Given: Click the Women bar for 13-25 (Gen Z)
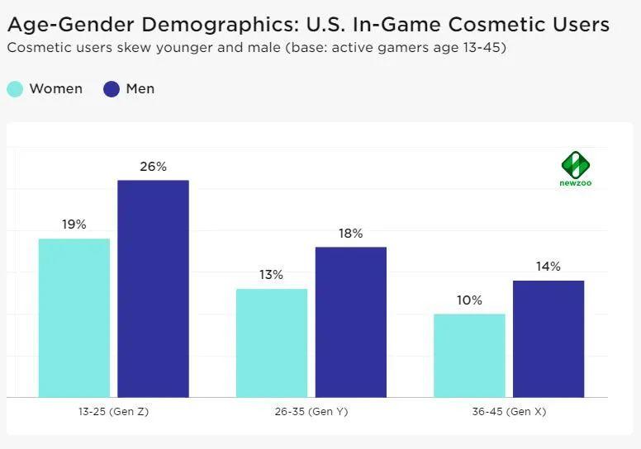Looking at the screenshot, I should point(74,318).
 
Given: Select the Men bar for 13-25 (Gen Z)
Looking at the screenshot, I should point(153,289).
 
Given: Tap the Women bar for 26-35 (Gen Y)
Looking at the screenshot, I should point(272,343).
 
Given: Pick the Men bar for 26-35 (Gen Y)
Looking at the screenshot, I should point(351,322).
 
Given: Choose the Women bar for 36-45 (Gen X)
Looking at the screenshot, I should point(469,355).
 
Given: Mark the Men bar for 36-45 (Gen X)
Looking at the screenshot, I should point(548,338).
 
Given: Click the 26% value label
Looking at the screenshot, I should point(153,167).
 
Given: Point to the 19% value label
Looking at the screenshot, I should point(74,224).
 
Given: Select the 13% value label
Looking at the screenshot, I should point(272,275).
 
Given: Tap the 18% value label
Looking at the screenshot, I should point(351,234).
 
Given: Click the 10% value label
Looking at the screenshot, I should point(469,300).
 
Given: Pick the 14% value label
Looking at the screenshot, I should point(548,267).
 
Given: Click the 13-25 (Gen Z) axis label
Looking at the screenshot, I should point(113,412).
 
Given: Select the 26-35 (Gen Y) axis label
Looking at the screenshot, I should point(311,412).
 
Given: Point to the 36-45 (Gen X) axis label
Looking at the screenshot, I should point(509,412).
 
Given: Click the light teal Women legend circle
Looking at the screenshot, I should point(15,89).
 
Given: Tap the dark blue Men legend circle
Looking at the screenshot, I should point(112,89).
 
